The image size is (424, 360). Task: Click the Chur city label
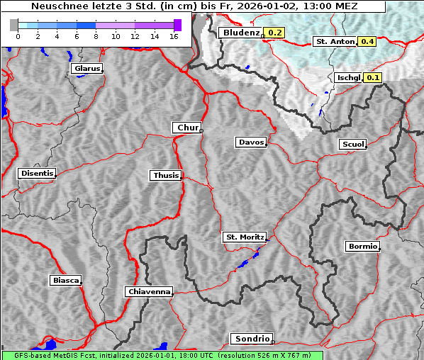pyautogui.click(x=187, y=128)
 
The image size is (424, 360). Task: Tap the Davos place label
pyautogui.click(x=251, y=142)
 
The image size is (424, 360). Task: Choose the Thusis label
pyautogui.click(x=166, y=175)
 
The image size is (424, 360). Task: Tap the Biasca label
pyautogui.click(x=66, y=281)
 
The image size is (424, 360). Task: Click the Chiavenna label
pyautogui.click(x=149, y=291)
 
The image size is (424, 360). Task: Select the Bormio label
pyautogui.click(x=362, y=247)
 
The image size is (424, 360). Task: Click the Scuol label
pyautogui.click(x=352, y=145)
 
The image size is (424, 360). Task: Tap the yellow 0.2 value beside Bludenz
pyautogui.click(x=275, y=33)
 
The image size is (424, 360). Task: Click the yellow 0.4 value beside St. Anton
pyautogui.click(x=367, y=42)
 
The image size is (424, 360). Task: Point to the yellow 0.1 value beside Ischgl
pyautogui.click(x=373, y=77)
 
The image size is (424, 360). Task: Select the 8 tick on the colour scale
pyautogui.click(x=96, y=36)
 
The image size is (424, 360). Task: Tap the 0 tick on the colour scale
pyautogui.click(x=18, y=36)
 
